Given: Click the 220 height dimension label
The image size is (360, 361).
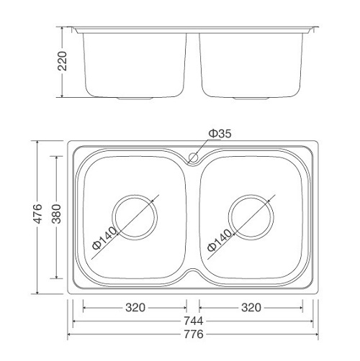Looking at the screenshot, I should [63, 63].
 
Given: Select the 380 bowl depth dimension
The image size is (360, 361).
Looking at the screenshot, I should [63, 216].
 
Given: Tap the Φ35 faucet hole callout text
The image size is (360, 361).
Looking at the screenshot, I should [220, 134].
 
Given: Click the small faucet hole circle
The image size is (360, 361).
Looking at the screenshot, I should [194, 156].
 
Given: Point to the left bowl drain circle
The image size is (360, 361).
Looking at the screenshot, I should [134, 215].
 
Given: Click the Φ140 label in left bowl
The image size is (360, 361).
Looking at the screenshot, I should [105, 238].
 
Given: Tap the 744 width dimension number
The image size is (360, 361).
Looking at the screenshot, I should [193, 321].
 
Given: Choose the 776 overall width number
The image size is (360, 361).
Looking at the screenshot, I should [193, 334].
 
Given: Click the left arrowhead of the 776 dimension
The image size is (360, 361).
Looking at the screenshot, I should [71, 334].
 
